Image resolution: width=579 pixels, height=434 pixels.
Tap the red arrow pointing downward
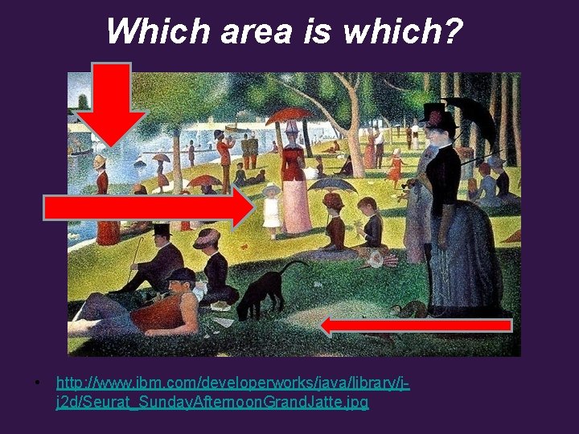pos(112,100)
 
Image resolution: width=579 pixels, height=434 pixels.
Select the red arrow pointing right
pos(149,208)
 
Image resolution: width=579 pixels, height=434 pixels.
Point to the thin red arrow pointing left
pos(416,325)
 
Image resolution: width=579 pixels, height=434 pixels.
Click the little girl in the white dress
pos(272,211)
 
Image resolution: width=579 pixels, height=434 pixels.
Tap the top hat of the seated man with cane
pos(162,231)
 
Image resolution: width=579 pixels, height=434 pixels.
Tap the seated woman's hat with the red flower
pos(206,238)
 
